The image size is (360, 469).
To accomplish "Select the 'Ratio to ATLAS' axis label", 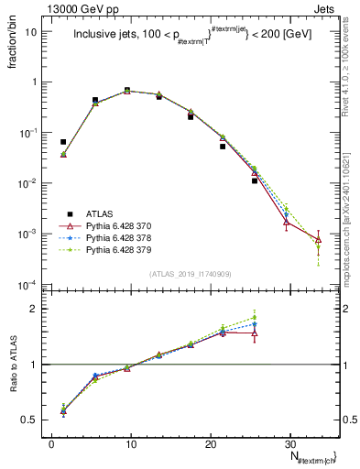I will [x=17, y=361].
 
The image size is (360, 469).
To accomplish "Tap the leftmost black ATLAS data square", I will [x=63, y=142].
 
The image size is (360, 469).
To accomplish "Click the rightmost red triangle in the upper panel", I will [x=318, y=240].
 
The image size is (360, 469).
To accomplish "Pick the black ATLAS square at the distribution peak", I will [x=127, y=90].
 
